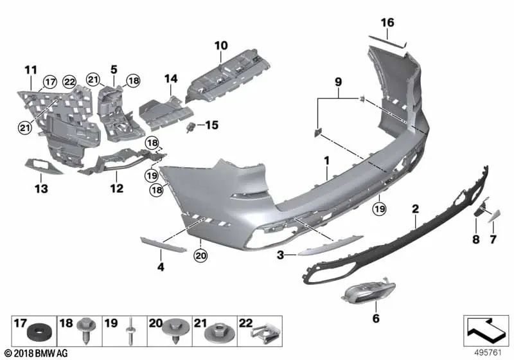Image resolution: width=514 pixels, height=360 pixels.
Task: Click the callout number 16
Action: click(387, 23)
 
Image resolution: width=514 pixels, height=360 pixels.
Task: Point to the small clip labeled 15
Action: click(191, 127)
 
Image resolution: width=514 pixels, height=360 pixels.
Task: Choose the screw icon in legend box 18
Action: click(85, 333)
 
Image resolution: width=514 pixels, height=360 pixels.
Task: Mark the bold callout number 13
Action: click(41, 189)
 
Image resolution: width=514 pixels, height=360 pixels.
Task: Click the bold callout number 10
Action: click(221, 46)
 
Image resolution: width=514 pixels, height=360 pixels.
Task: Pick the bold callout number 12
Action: click(116, 189)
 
